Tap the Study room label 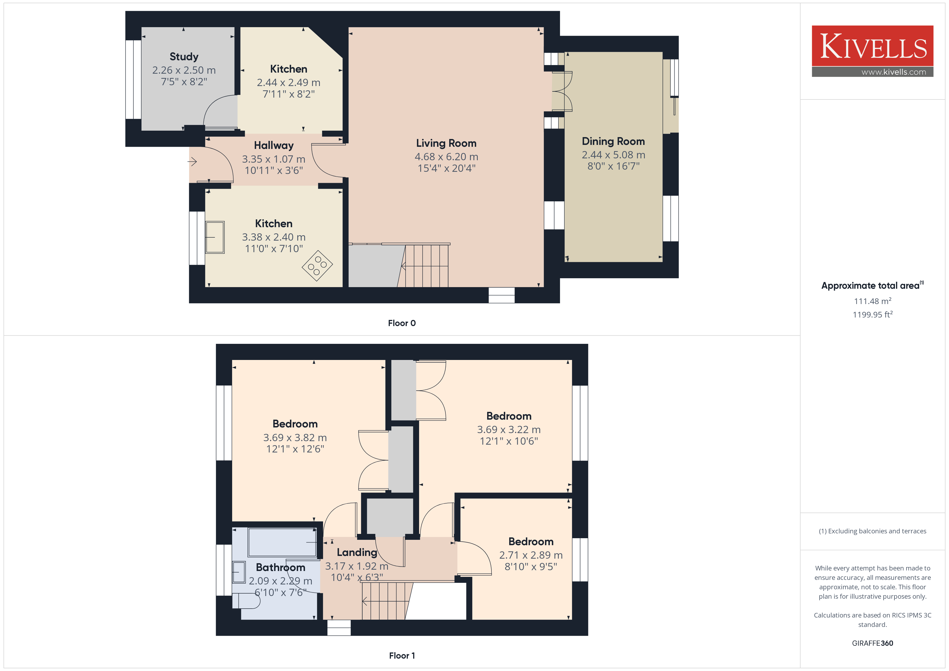click(184, 57)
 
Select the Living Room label click(446, 143)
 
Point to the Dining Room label click(613, 141)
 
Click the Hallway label click(274, 145)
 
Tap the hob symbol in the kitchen click(317, 266)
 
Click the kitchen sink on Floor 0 click(215, 237)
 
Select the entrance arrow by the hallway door click(192, 162)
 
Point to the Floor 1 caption click(402, 656)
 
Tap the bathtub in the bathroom click(282, 542)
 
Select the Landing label click(357, 552)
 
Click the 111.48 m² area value click(873, 301)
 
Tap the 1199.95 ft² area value click(873, 315)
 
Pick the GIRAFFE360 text click(873, 643)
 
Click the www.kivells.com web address click(894, 72)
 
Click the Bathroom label click(280, 567)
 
